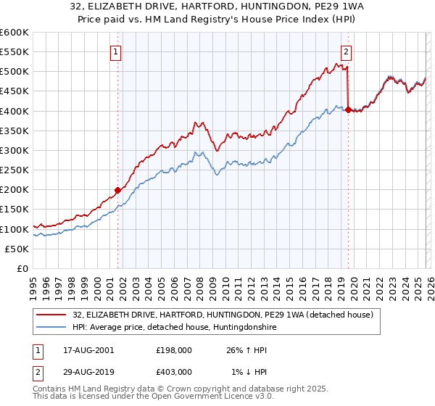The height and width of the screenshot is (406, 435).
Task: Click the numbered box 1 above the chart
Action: click(117, 51)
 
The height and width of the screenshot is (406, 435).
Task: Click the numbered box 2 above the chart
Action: click(347, 51)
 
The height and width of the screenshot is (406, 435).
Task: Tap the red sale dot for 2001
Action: click(117, 191)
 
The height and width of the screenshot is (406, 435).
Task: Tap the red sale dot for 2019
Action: click(348, 110)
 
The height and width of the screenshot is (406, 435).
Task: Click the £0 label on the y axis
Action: click(23, 269)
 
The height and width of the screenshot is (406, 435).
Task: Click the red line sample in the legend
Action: click(52, 315)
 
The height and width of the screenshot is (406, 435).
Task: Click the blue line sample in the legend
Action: click(52, 328)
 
